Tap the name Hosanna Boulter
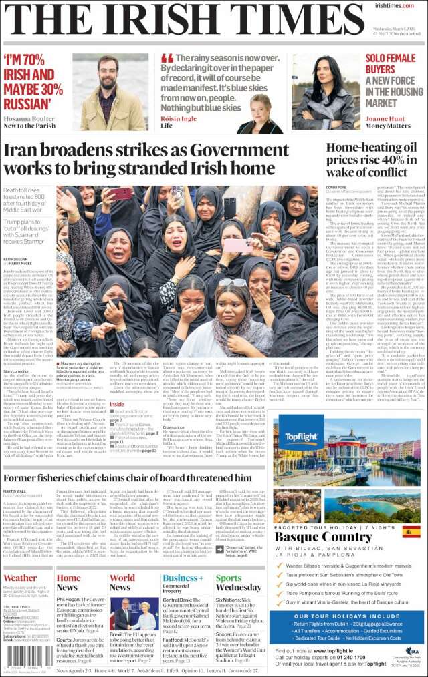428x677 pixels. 29,116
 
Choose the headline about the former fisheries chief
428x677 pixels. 127,478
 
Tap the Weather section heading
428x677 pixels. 21,578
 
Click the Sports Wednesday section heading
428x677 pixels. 238,582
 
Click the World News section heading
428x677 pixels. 122,582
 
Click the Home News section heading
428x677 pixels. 69,582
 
